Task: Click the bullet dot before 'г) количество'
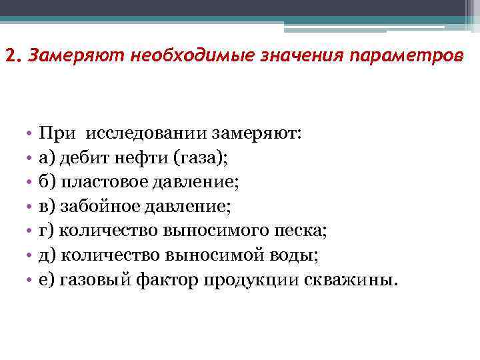31,231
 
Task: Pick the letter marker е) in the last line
47,279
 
